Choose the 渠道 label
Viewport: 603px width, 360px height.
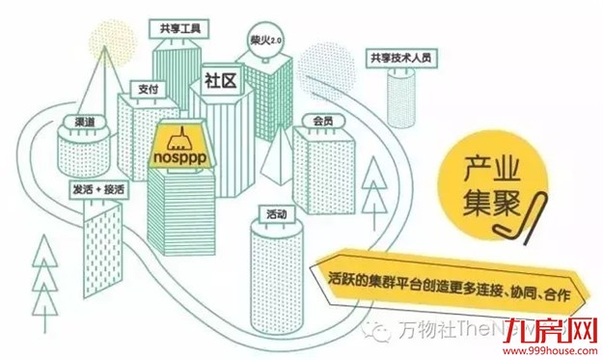pyautogui.click(x=83, y=125)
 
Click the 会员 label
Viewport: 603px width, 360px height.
pyautogui.click(x=323, y=122)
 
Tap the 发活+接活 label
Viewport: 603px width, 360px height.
pyautogui.click(x=98, y=189)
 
